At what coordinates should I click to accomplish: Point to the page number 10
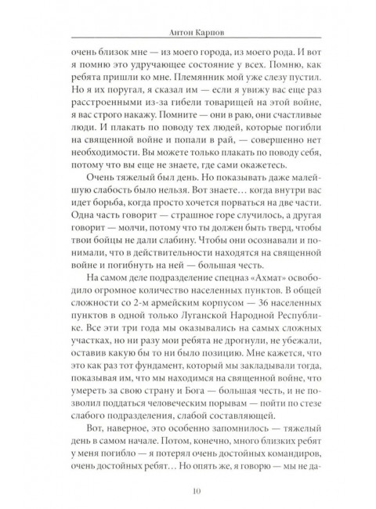[188, 490]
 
